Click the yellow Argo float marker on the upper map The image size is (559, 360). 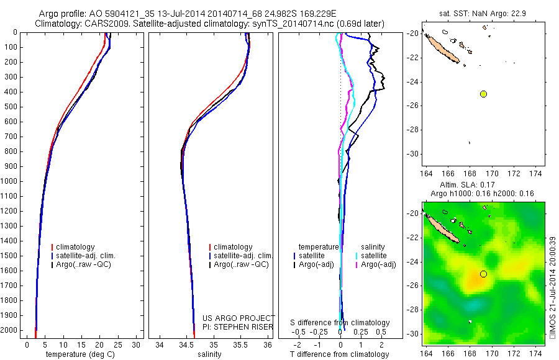click(483, 94)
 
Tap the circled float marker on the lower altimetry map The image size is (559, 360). click(483, 274)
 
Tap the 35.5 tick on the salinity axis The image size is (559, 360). click(240, 344)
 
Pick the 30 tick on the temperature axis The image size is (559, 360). click(137, 344)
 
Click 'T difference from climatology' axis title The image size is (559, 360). click(339, 354)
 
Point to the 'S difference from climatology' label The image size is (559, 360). click(340, 323)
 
